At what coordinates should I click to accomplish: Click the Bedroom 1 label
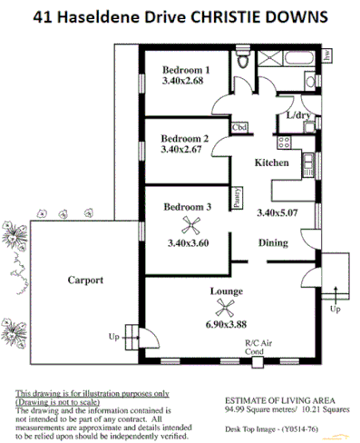[x=186, y=70]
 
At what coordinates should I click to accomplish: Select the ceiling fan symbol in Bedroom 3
[x=191, y=226]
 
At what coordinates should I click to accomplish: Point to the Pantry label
[x=238, y=198]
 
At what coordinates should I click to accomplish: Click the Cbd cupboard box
[x=240, y=127]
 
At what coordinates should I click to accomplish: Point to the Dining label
[x=273, y=242]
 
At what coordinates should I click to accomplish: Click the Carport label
[x=86, y=281]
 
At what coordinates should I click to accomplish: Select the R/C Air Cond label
[x=255, y=347]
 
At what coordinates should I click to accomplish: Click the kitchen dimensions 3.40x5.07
[x=277, y=213]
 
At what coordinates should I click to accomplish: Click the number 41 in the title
[x=41, y=18]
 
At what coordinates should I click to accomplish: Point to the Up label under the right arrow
[x=336, y=309]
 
